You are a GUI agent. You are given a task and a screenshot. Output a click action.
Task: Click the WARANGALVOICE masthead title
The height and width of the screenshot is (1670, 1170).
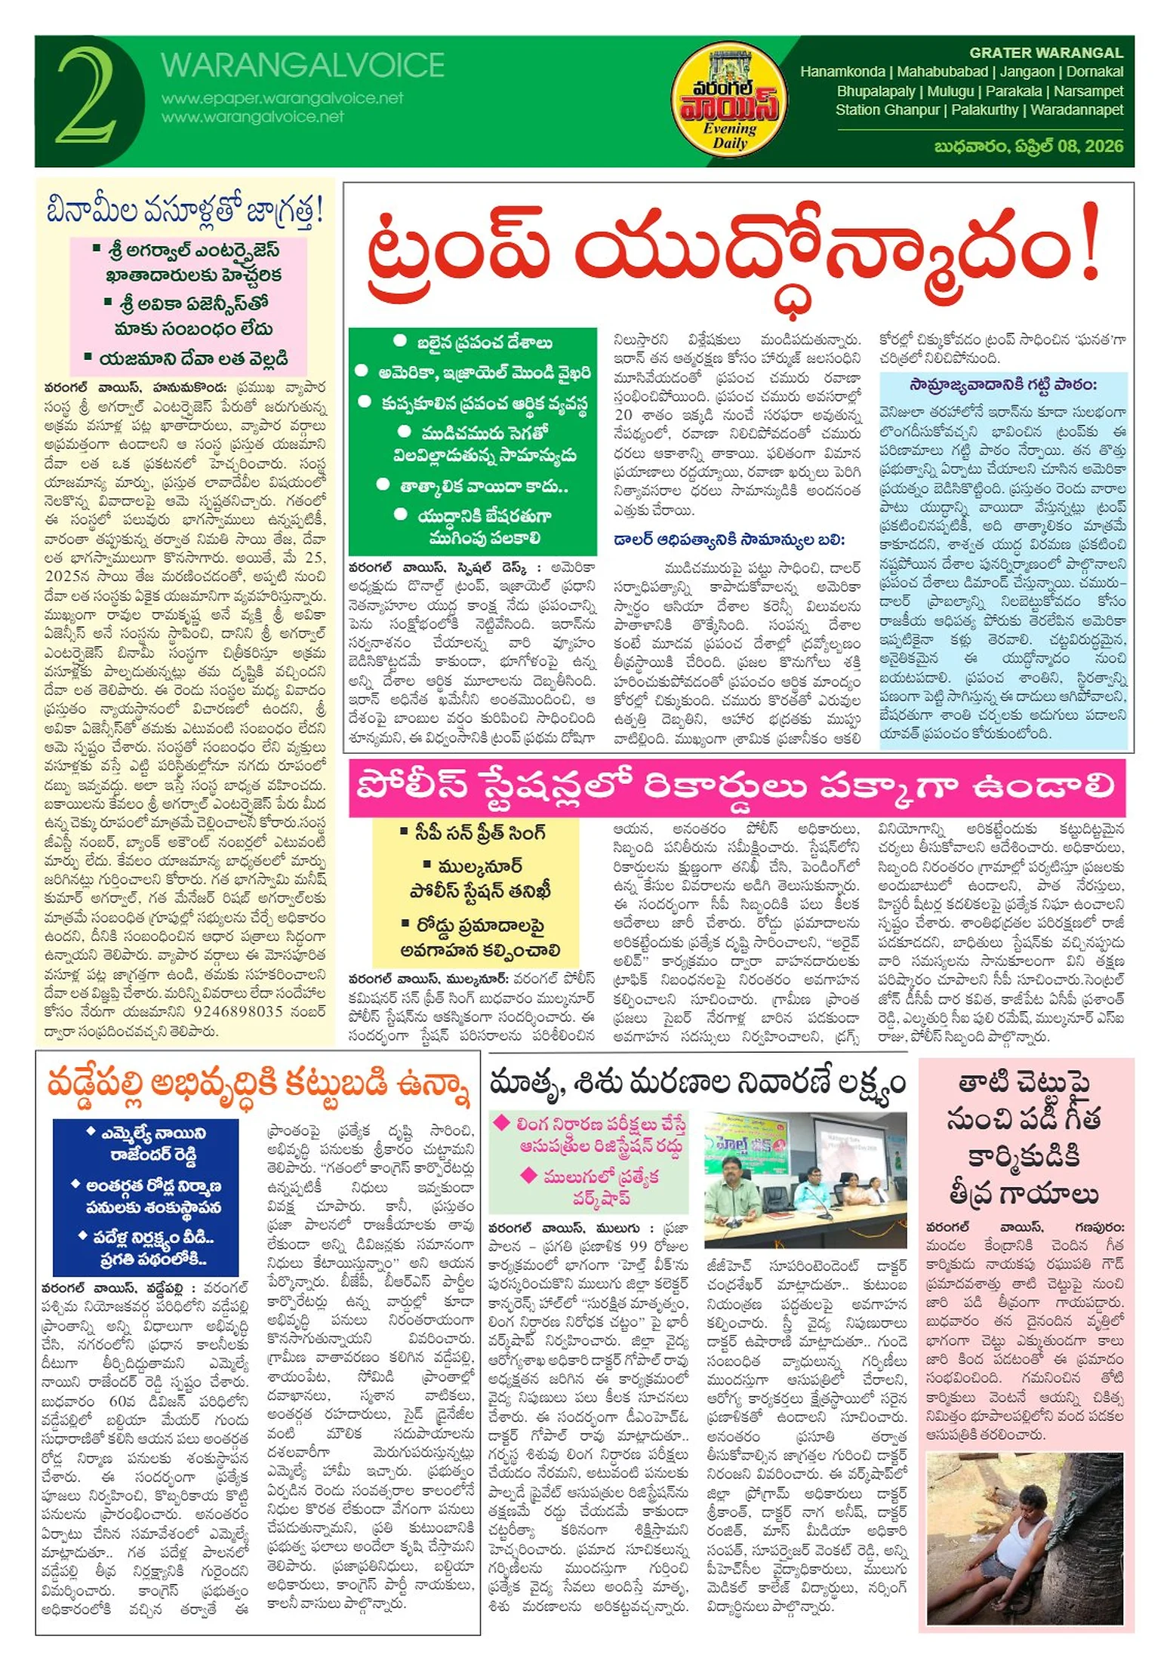[302, 66]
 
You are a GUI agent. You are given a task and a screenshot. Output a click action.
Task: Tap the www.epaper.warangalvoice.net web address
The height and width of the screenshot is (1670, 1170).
[282, 98]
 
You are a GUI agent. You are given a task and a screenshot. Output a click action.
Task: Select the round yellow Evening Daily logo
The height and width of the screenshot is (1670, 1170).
[730, 101]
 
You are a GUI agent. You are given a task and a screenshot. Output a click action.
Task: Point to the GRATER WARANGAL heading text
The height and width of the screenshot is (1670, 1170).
[1045, 53]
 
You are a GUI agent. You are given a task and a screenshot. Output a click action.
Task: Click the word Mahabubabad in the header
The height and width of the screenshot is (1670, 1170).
[942, 72]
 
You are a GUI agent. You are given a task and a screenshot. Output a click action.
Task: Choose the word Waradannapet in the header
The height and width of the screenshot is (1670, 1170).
[1076, 110]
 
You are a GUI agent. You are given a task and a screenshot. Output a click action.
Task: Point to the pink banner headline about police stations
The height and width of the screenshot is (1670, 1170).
[736, 788]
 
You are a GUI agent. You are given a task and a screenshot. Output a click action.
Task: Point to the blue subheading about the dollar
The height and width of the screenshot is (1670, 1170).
[728, 540]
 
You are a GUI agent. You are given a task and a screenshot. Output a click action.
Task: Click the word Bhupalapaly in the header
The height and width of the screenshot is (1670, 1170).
[876, 91]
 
